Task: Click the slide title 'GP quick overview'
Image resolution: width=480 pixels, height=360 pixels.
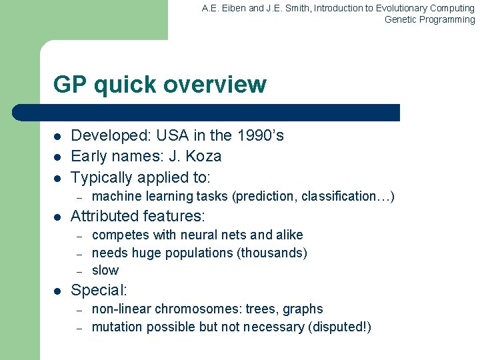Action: tap(159, 85)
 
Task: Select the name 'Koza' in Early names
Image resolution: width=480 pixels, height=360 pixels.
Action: tap(203, 157)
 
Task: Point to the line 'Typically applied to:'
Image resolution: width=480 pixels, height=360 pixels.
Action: tap(140, 177)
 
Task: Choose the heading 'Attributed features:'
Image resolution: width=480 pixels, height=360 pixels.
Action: tap(138, 216)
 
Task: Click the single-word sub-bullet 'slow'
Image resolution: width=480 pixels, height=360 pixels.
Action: tap(105, 270)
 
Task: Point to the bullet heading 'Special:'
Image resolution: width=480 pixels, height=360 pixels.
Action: tap(99, 290)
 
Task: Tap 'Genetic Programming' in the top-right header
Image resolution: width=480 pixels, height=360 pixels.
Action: tap(429, 19)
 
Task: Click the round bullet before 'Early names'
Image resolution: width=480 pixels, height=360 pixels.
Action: tap(58, 157)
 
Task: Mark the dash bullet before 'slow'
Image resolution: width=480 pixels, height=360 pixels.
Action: tap(79, 271)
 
